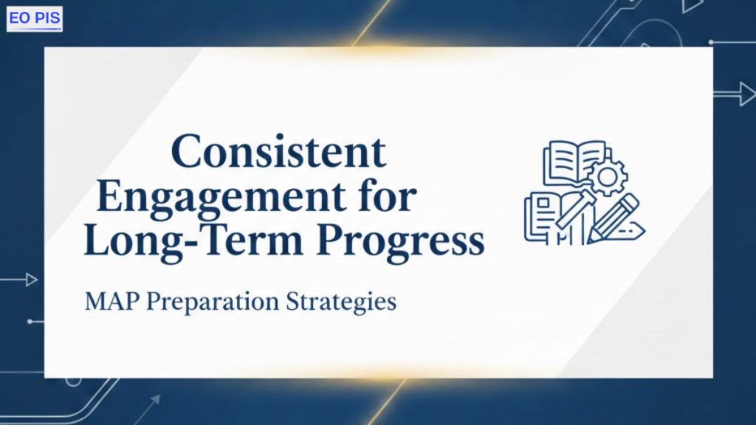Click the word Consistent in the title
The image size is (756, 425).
coord(278,152)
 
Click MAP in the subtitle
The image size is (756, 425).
coord(112,302)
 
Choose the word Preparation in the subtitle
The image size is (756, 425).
coord(213,303)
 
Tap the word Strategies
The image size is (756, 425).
coord(341,303)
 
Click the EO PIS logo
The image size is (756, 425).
coord(34,18)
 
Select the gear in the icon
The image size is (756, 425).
coord(607,177)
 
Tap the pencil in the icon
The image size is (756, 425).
coord(614,218)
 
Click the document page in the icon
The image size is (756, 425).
coord(543,216)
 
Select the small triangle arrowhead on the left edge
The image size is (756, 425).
coord(32,280)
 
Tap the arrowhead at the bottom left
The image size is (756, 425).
coord(155,399)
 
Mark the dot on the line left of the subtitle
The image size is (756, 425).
coord(30,322)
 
